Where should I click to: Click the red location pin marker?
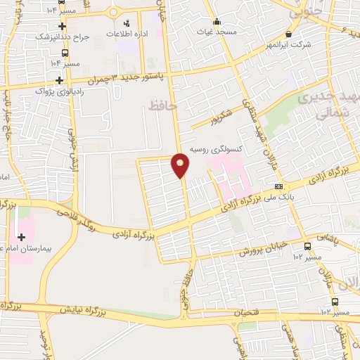tap(181, 164)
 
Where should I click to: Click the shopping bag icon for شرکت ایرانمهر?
tap(289, 34)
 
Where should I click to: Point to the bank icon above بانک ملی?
tap(279, 186)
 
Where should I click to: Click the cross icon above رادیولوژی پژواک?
tap(60, 80)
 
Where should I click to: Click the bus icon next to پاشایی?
tap(307, 246)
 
